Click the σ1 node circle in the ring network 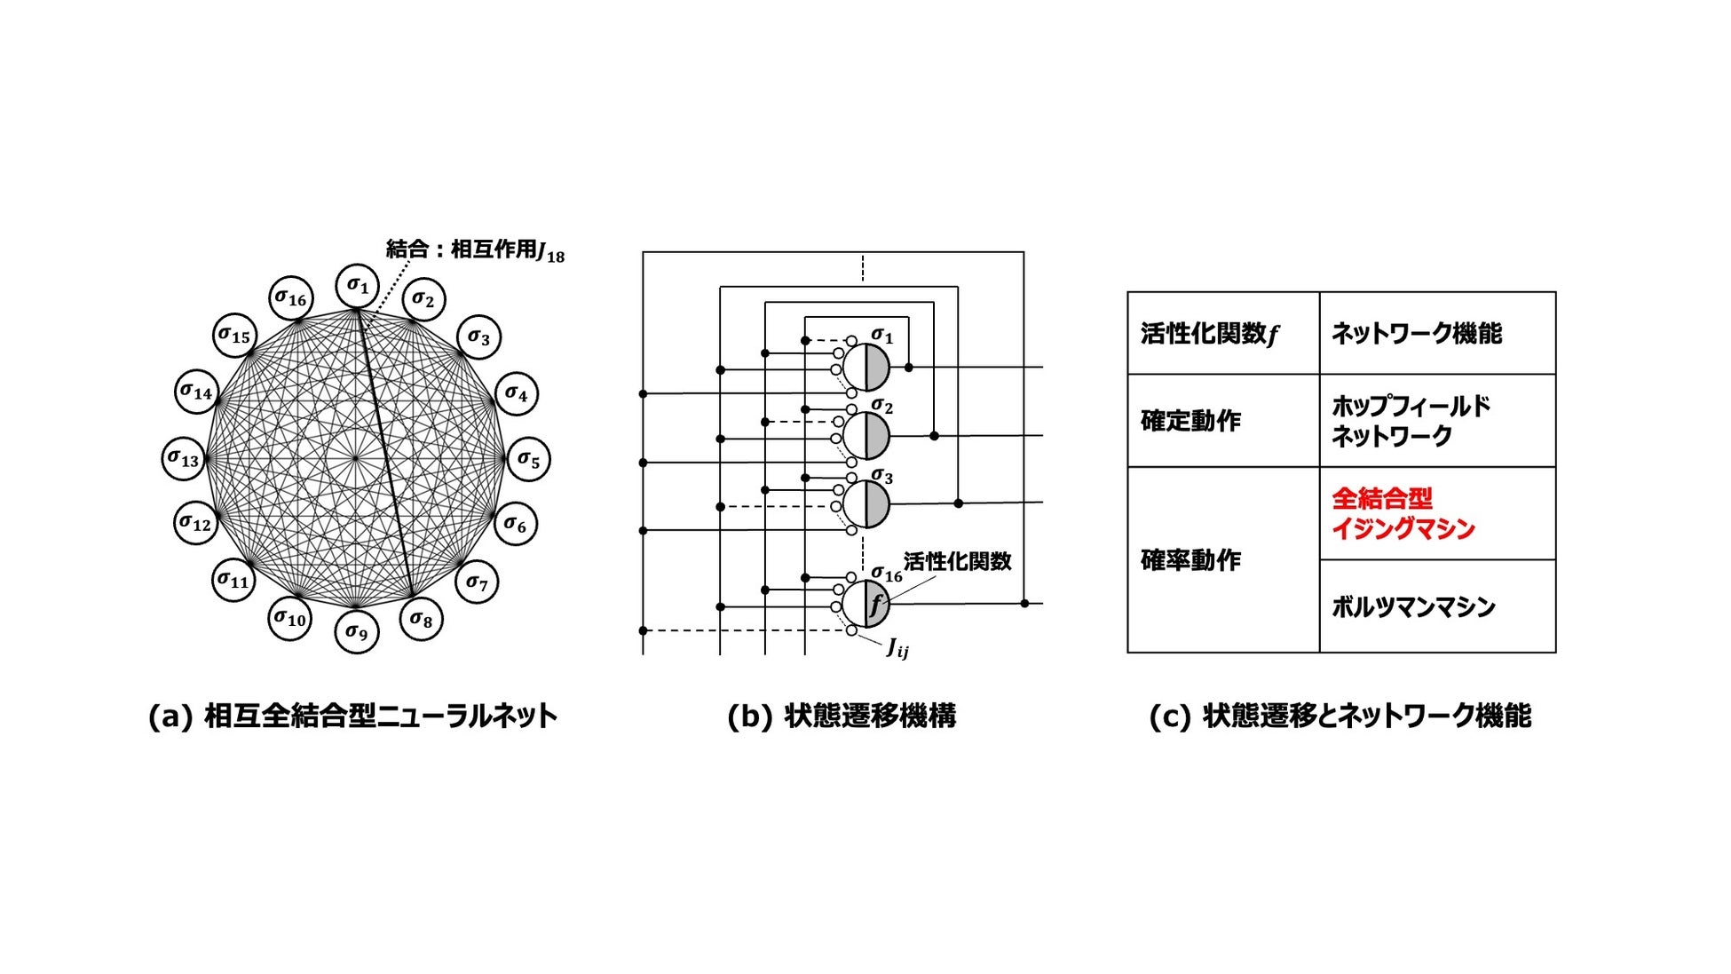pos(357,286)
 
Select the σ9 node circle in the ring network pos(356,631)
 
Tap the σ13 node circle pos(184,459)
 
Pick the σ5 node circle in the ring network pos(528,460)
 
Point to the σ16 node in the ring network pos(290,298)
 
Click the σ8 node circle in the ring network pos(421,618)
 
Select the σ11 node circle pos(233,581)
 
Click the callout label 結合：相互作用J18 pos(475,251)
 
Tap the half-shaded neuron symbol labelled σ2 pos(865,435)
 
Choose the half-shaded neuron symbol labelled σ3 pos(865,503)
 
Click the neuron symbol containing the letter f pos(865,604)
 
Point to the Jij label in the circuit pos(897,649)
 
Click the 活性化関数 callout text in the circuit pos(957,562)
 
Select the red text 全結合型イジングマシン pos(1403,513)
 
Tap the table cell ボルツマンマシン pos(1413,607)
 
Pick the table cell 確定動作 pos(1190,421)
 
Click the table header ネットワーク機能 pos(1417,334)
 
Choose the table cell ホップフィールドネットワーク pos(1411,421)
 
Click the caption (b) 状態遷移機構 pos(841,716)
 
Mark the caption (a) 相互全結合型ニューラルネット pos(352,716)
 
